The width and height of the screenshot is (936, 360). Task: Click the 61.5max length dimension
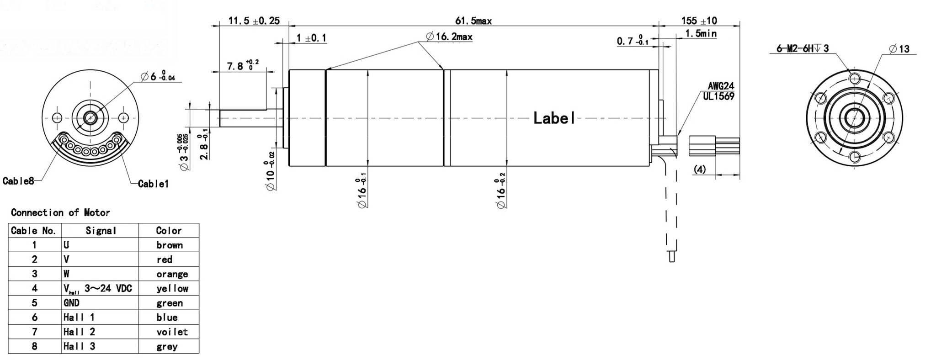[x=473, y=21]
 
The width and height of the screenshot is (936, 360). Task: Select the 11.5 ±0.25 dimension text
[x=254, y=21]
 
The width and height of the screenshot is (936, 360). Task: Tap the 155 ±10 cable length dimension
[x=699, y=21]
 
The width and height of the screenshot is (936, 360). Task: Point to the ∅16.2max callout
[x=449, y=37]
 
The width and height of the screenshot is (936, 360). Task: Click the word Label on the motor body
[x=554, y=118]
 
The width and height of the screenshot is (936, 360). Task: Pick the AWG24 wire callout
[x=721, y=86]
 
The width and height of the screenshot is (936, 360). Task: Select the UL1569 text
[x=718, y=96]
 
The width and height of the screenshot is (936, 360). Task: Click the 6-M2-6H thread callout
[x=802, y=48]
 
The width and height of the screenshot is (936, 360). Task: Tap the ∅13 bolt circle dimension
[x=899, y=49]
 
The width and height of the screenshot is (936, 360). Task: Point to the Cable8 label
[x=18, y=181]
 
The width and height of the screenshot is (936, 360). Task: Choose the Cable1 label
[x=153, y=184]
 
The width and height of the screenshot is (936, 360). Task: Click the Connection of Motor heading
[x=60, y=212]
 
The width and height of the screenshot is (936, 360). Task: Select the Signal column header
[x=101, y=231]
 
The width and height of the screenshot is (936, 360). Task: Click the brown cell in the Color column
[x=169, y=245]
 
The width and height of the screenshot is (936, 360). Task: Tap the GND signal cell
[x=71, y=303]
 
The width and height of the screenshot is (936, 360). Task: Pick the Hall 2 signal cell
[x=79, y=332]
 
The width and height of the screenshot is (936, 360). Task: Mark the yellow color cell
[x=172, y=288]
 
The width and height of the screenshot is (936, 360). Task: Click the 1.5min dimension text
[x=701, y=34]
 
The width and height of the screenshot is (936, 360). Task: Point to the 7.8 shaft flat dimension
[x=242, y=66]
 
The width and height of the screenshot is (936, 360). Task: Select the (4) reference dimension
[x=699, y=169]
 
